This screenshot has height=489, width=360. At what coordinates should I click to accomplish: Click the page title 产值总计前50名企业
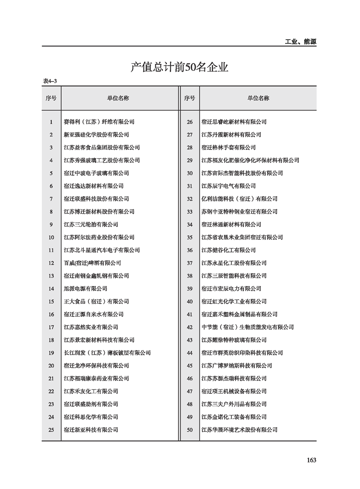tap(179, 68)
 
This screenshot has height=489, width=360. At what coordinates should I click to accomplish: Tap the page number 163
tap(311, 460)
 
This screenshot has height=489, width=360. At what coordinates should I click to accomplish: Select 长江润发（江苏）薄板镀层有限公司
tap(107, 353)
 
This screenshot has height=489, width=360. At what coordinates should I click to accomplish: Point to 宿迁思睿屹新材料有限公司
tap(234, 122)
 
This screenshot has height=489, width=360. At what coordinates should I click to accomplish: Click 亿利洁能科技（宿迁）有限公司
tap(239, 199)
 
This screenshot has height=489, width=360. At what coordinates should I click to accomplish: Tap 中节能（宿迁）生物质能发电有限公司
tap(247, 327)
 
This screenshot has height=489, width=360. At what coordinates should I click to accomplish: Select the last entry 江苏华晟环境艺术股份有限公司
tap(239, 430)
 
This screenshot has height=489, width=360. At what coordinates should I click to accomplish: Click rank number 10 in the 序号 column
tap(51, 237)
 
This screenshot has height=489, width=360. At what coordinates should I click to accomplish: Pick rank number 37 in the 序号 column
tap(190, 263)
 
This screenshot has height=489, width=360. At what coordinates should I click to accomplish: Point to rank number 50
tap(190, 430)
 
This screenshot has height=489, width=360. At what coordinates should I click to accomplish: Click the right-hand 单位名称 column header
tap(258, 98)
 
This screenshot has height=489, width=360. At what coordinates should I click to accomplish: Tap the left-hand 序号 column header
tap(51, 98)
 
